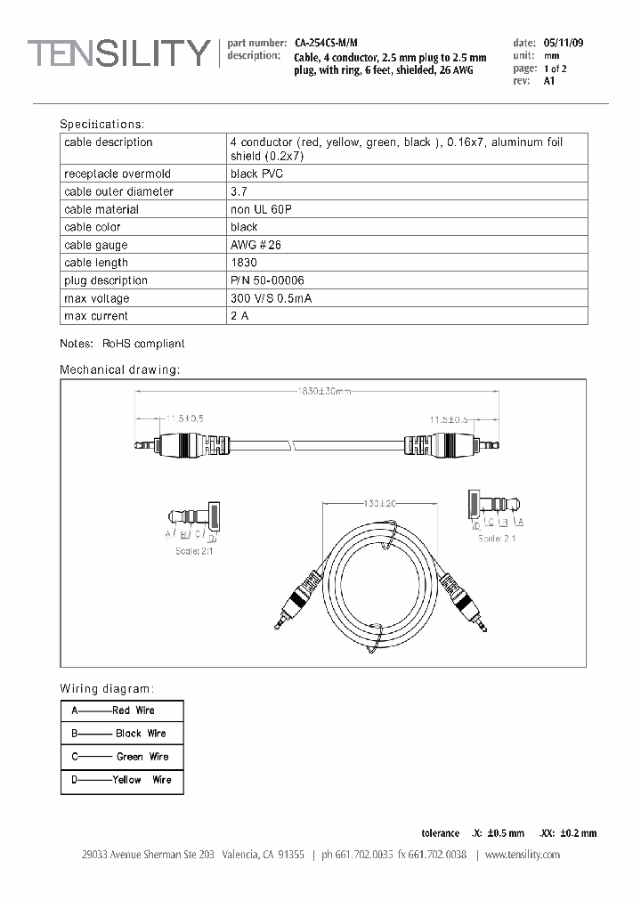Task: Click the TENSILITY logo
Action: [x=118, y=53]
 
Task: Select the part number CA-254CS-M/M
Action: [x=326, y=43]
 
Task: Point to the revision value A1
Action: [x=548, y=81]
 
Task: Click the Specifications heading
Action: [x=101, y=125]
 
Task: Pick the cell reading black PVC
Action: [x=257, y=174]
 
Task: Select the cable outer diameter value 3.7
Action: [x=238, y=191]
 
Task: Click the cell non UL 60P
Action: [x=261, y=209]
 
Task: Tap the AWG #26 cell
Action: [x=256, y=245]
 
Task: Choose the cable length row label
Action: [x=96, y=263]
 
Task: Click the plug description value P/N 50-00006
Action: [x=266, y=280]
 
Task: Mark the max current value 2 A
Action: [x=240, y=316]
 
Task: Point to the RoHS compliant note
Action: [x=143, y=343]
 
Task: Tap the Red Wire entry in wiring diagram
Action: [x=133, y=710]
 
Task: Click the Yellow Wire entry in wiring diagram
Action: [x=142, y=780]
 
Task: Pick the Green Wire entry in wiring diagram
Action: [x=142, y=757]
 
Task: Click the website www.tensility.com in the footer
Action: [x=523, y=855]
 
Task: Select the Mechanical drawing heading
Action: [x=119, y=369]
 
